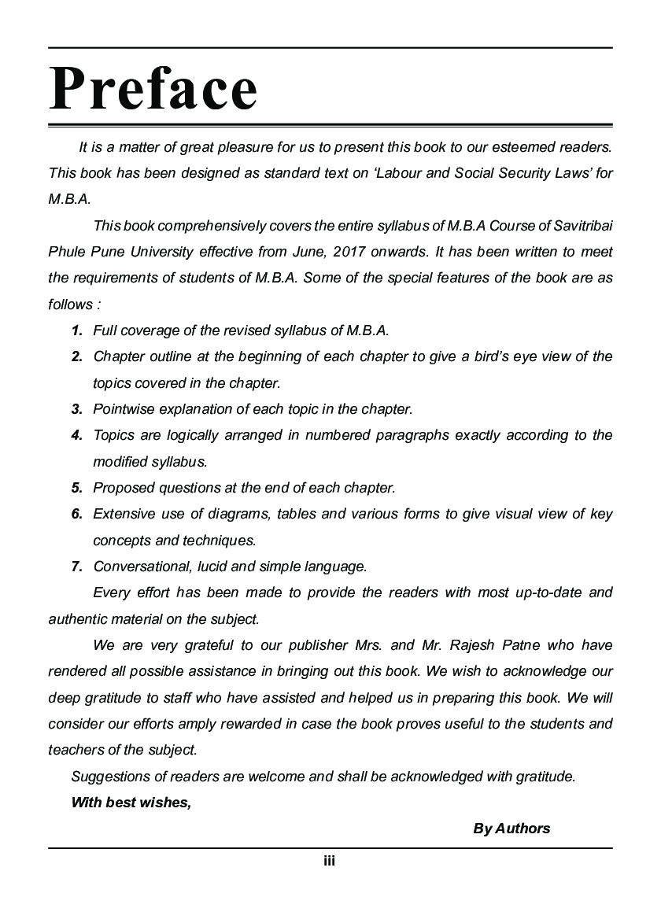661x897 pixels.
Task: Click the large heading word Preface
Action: [x=153, y=88]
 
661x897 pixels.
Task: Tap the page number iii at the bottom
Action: [x=330, y=861]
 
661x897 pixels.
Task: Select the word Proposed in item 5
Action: [x=123, y=488]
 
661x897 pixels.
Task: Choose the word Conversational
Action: [x=140, y=567]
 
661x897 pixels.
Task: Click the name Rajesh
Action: [x=475, y=645]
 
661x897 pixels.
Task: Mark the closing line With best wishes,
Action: [x=131, y=803]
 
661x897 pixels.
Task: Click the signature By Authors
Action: [x=511, y=829]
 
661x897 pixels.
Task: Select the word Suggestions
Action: [x=107, y=777]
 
